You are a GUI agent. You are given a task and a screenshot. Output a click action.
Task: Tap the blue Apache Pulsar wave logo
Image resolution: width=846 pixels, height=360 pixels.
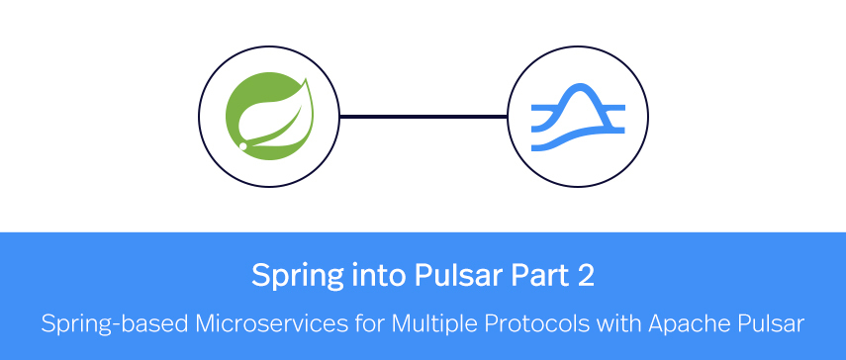pos(578,117)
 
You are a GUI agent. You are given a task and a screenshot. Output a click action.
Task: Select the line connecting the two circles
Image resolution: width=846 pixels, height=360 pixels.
pos(423,117)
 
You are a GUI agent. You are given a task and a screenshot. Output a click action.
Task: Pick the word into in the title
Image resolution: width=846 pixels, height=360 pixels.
pos(353,274)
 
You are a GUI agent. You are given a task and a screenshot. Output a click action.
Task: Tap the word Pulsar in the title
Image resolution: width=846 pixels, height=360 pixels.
pos(421,274)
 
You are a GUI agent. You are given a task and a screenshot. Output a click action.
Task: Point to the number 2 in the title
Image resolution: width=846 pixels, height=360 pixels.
pos(585,274)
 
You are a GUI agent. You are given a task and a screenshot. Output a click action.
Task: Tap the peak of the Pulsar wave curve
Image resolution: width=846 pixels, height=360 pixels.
pos(578,89)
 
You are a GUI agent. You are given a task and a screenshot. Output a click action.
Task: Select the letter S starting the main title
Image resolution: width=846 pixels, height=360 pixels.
pos(260,274)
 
